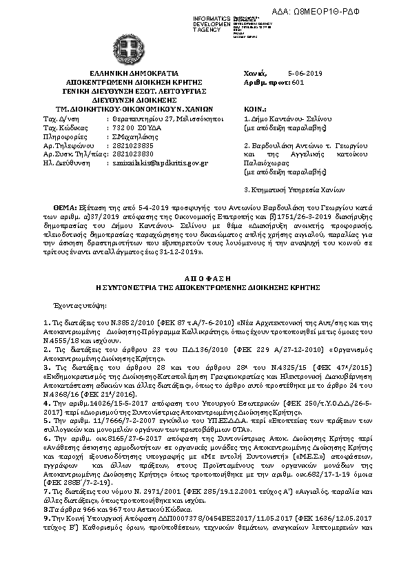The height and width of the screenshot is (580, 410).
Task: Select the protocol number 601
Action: pyautogui.click(x=298, y=81)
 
